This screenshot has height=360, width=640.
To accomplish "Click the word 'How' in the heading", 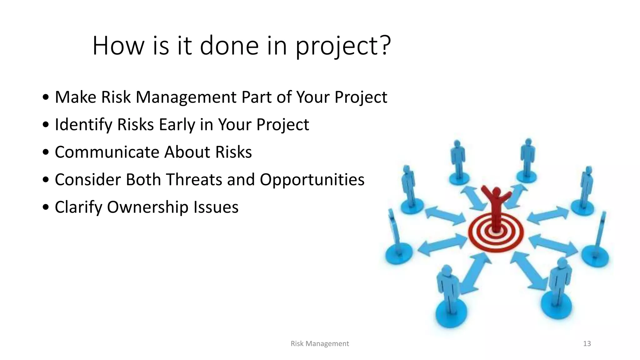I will pos(118,46).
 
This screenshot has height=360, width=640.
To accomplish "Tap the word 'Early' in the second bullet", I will pos(177,125).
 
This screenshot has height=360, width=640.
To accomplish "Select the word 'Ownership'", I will pos(147,207).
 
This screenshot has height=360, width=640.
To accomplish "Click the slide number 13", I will pos(587,344).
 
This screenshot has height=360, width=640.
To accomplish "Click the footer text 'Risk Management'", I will pos(319,344).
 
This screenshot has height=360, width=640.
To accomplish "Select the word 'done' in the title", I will pos(229,46).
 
